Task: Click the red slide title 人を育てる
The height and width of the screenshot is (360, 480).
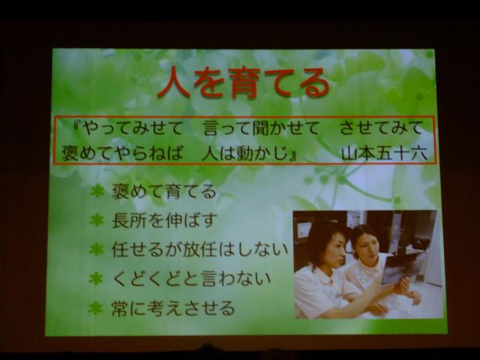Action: tap(243, 82)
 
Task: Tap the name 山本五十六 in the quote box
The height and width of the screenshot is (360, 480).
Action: tap(385, 153)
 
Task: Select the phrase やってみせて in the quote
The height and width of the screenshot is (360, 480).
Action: tap(133, 128)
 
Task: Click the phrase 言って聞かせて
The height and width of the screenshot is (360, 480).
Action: tap(261, 128)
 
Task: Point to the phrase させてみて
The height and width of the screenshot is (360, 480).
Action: tap(381, 128)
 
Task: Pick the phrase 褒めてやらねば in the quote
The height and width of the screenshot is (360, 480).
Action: tap(122, 153)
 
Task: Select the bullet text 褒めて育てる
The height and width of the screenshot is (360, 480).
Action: tap(164, 191)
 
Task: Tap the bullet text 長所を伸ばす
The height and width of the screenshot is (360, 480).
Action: tap(165, 220)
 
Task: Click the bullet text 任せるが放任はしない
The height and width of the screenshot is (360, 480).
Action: tap(200, 250)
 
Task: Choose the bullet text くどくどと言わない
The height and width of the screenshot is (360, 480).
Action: tap(192, 279)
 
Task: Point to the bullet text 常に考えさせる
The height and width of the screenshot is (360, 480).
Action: tap(173, 308)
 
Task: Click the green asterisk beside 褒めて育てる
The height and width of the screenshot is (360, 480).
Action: tap(97, 192)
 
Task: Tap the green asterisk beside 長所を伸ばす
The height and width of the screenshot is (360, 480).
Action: tap(97, 220)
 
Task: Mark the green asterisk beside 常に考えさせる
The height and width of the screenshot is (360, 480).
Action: tap(95, 308)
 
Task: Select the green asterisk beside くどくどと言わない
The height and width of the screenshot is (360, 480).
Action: tap(96, 279)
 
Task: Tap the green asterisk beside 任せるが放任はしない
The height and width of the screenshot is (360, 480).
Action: tap(96, 250)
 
